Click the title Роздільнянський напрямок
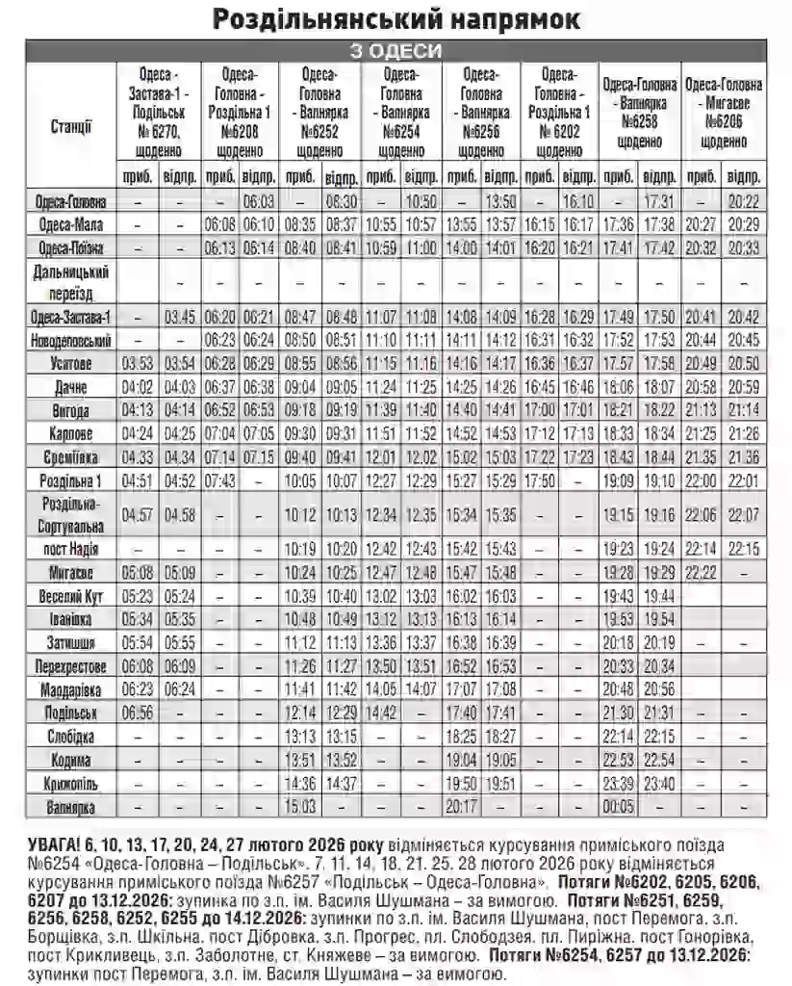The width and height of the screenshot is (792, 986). click(x=396, y=18)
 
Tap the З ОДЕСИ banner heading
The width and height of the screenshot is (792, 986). click(x=396, y=51)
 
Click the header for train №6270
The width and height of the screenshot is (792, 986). click(x=160, y=113)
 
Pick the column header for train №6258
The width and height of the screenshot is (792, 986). click(x=639, y=113)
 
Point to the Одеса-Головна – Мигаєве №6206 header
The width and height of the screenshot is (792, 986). click(x=726, y=113)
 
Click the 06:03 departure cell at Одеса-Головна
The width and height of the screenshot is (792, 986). click(x=258, y=202)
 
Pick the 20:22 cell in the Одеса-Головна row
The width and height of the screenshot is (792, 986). click(x=744, y=202)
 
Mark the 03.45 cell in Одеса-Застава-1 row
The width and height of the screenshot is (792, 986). click(x=180, y=316)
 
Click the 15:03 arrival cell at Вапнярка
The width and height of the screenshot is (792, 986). click(x=301, y=804)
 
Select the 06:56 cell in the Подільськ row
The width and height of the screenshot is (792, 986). click(x=138, y=713)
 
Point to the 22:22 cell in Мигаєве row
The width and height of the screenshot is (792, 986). click(x=703, y=572)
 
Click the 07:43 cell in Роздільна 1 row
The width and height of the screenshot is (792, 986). click(x=220, y=480)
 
